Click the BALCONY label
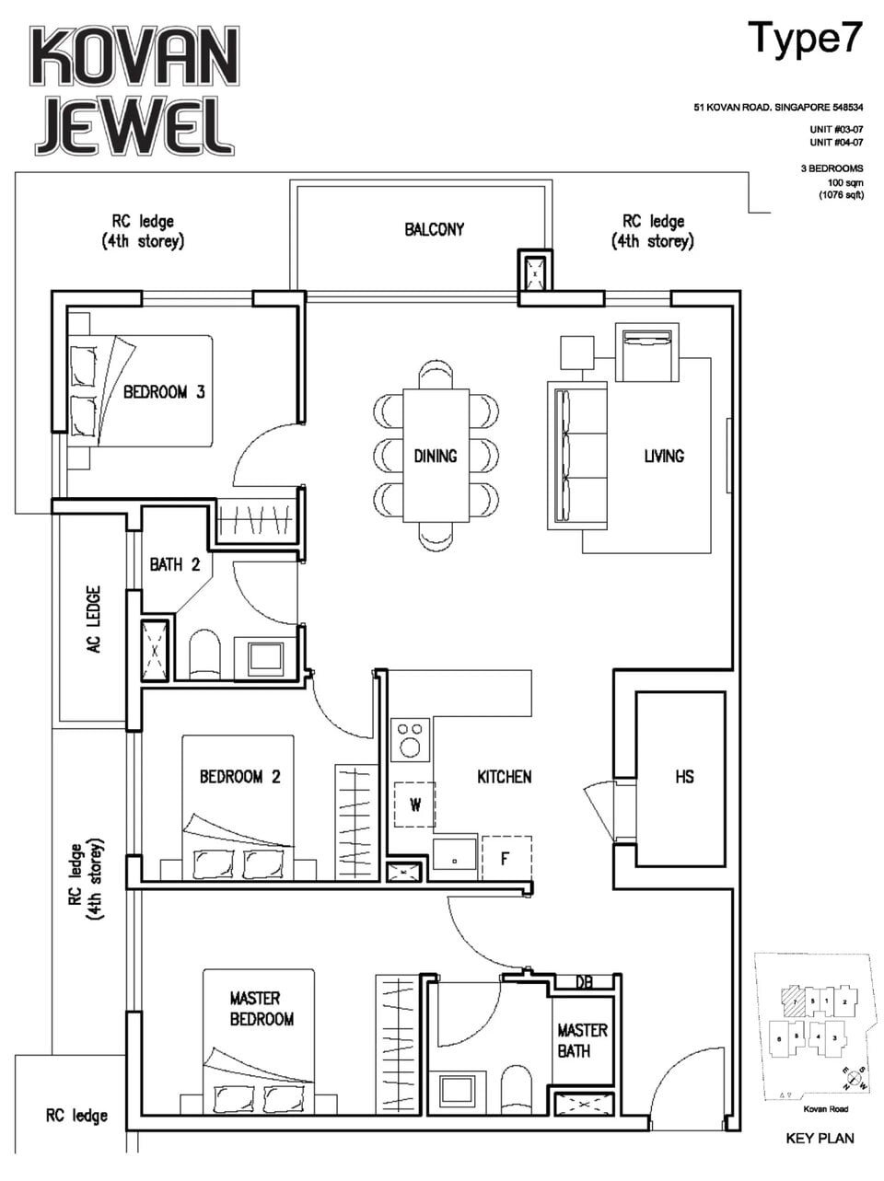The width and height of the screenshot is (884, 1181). click(435, 229)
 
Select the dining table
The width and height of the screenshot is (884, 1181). click(436, 455)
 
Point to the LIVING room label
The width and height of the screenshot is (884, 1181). click(664, 456)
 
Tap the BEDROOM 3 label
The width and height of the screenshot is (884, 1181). click(164, 392)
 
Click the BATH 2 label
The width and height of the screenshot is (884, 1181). click(175, 564)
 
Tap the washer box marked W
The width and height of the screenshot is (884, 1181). click(414, 805)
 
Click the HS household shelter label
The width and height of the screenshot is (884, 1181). click(684, 777)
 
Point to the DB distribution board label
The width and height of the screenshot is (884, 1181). click(584, 982)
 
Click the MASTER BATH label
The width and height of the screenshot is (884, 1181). click(582, 1039)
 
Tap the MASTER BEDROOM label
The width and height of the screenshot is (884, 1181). click(262, 1009)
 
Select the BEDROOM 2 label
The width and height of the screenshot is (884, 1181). click(239, 777)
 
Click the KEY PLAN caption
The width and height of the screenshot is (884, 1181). click(820, 1138)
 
